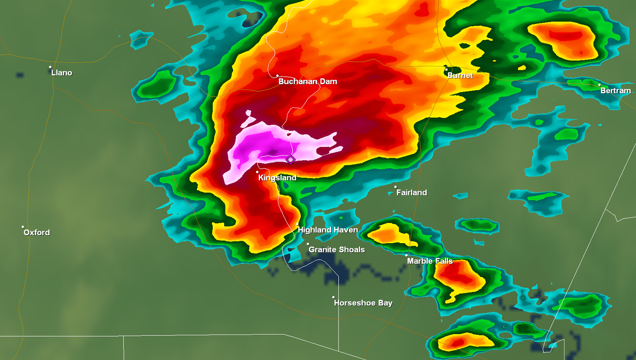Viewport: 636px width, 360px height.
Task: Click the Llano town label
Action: (62, 73)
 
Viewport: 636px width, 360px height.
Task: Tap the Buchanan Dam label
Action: (308, 81)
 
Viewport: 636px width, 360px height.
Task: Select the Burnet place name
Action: (460, 75)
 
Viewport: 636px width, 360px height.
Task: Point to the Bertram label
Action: (615, 91)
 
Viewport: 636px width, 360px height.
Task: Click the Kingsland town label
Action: (277, 178)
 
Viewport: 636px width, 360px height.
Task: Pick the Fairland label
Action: (411, 193)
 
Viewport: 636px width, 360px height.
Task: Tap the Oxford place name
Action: (37, 232)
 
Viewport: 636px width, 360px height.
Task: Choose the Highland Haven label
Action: (328, 230)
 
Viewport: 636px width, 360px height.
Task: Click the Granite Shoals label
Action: (336, 250)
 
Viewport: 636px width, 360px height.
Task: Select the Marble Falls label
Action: (430, 261)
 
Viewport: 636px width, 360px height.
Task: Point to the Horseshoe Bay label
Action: (363, 303)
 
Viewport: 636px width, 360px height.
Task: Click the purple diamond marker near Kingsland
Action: (291, 159)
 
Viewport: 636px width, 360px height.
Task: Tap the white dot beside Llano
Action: (50, 67)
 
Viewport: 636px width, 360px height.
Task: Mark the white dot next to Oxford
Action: (23, 227)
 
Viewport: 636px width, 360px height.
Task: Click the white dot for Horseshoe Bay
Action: (333, 297)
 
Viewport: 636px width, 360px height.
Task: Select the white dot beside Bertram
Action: (599, 85)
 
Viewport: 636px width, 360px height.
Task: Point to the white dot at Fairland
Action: (395, 187)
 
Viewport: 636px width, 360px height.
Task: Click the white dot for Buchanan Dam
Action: (277, 75)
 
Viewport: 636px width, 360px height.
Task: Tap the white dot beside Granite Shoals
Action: (308, 244)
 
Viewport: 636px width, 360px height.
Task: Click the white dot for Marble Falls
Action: (406, 255)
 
